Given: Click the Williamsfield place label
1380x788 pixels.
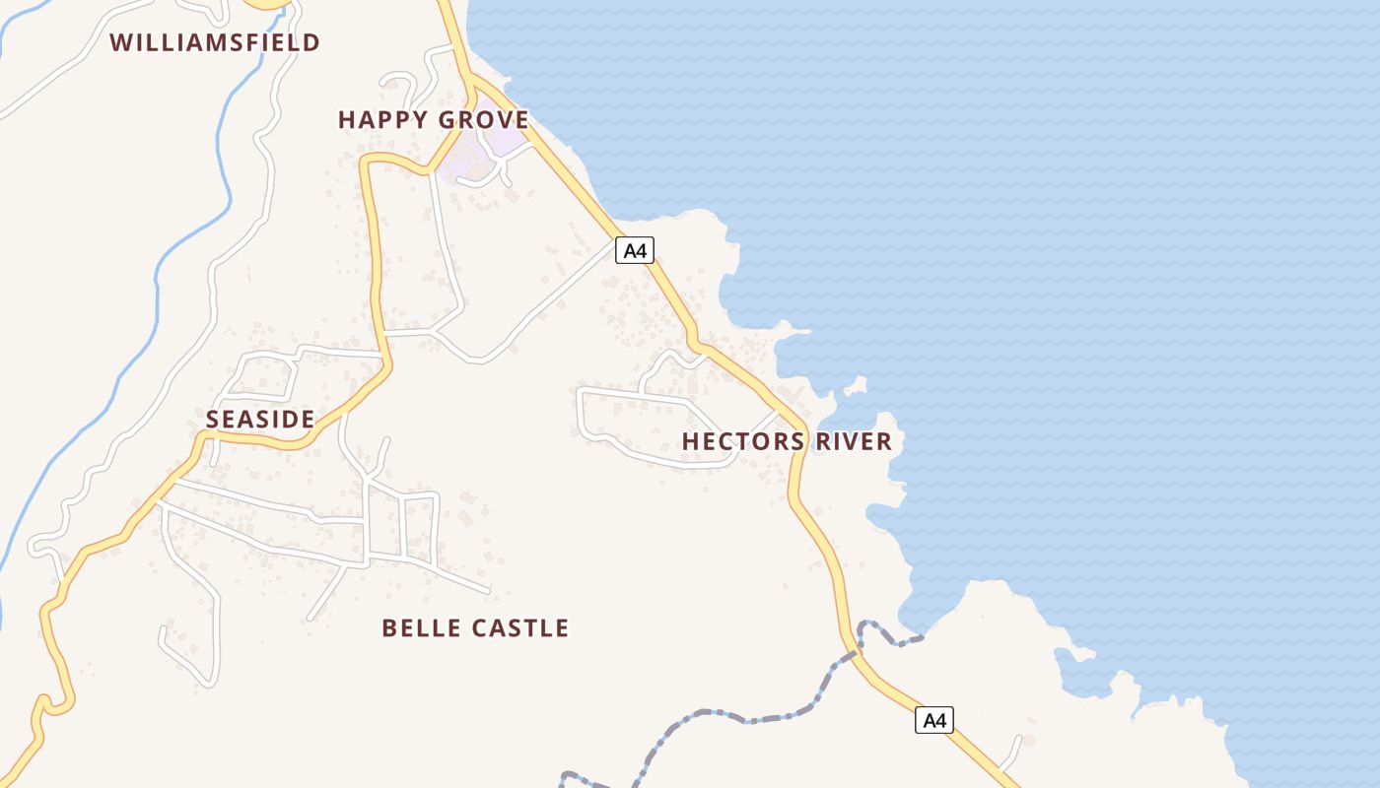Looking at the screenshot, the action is click(x=215, y=42).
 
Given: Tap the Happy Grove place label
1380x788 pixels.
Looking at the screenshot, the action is click(x=433, y=120).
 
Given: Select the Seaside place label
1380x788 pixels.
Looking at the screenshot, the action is click(x=260, y=420).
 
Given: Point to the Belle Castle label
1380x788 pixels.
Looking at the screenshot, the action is click(x=475, y=628).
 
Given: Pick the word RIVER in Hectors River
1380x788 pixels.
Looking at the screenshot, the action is click(x=854, y=441).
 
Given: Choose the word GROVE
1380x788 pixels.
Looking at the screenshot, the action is click(x=490, y=120).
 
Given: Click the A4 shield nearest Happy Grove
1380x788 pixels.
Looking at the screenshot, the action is click(x=635, y=250).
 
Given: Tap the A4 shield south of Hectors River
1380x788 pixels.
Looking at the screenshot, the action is click(x=934, y=720).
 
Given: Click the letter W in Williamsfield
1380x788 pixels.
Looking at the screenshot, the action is click(x=120, y=42).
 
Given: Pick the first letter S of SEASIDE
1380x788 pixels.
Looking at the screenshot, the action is click(x=212, y=420).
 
